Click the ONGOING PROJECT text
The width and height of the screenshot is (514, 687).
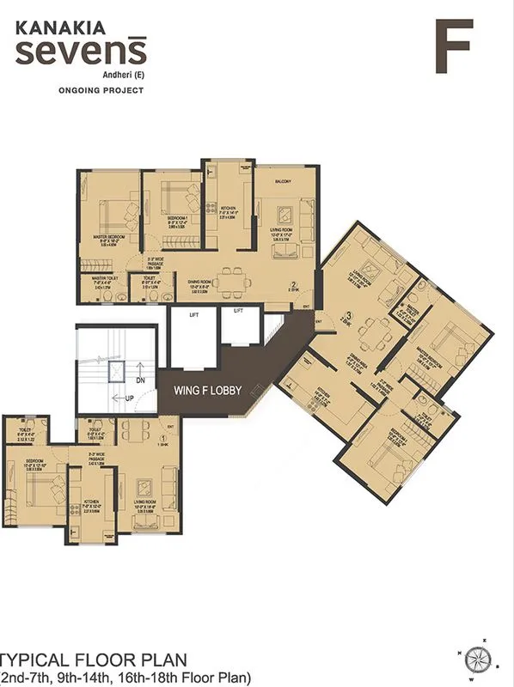[95, 89]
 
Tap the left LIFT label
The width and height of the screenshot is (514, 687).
[193, 315]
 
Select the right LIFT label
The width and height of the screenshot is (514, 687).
[238, 310]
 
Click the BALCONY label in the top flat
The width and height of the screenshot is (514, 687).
[283, 182]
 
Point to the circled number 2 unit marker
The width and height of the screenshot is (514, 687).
[293, 285]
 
